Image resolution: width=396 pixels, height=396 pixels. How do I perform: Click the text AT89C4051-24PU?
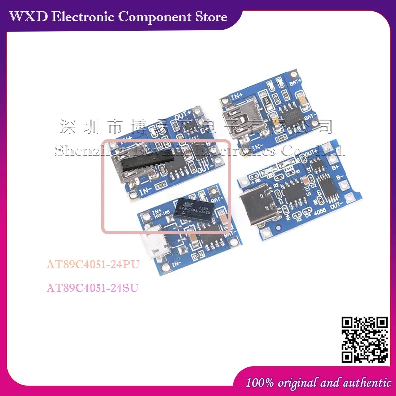point(93,264)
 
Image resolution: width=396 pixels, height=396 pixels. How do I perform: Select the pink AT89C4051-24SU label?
point(93,287)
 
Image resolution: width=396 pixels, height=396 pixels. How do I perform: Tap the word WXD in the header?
point(29,17)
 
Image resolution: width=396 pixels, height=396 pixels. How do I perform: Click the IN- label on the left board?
point(146,190)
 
